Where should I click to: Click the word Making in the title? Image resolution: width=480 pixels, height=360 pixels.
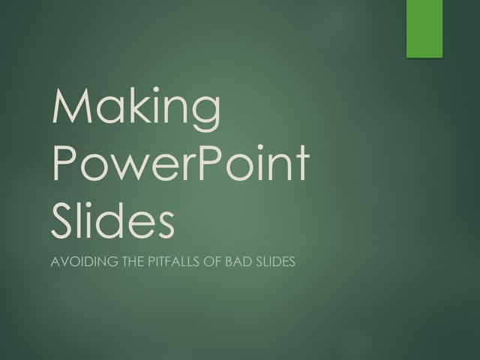coord(136,109)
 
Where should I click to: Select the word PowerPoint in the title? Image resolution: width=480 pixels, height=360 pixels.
coord(180,164)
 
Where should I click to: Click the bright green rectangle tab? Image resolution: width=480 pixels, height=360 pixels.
coord(424,28)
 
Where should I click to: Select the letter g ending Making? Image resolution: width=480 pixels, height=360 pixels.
coord(205,114)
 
